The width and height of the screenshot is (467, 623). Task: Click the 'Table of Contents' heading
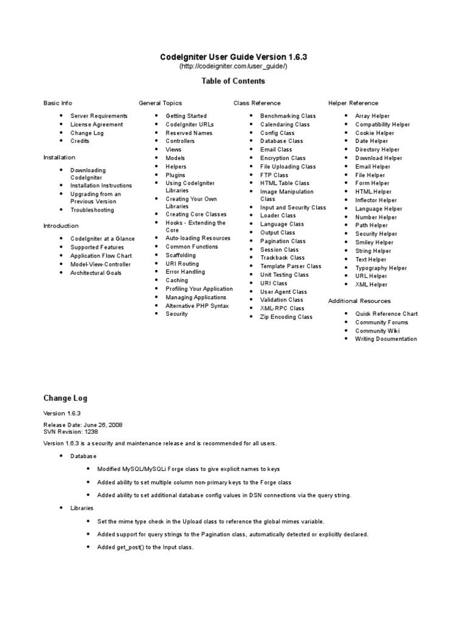[233, 81]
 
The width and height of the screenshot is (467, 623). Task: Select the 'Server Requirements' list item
[99, 116]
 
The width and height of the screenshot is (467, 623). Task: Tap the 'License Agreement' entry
[96, 124]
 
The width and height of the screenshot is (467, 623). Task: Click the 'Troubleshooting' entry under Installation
[92, 210]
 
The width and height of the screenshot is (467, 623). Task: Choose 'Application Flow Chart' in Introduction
[101, 256]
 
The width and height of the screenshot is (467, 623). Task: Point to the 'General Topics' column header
[160, 103]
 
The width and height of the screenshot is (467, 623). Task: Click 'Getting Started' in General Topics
[186, 116]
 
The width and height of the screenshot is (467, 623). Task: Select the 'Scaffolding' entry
[181, 256]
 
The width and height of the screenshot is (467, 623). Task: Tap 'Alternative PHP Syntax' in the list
[197, 305]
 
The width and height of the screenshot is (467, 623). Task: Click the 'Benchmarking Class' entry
[288, 116]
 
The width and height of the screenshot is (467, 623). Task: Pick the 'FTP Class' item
[274, 175]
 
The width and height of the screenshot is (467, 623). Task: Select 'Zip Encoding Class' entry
[286, 316]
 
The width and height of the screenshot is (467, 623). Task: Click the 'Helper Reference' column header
[353, 103]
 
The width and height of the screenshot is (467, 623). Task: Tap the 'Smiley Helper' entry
[374, 242]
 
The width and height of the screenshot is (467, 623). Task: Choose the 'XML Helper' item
[371, 284]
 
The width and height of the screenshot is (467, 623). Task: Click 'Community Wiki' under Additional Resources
[378, 330]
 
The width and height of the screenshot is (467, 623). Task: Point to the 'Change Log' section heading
[65, 398]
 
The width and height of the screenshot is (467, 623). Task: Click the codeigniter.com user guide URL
[233, 66]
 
